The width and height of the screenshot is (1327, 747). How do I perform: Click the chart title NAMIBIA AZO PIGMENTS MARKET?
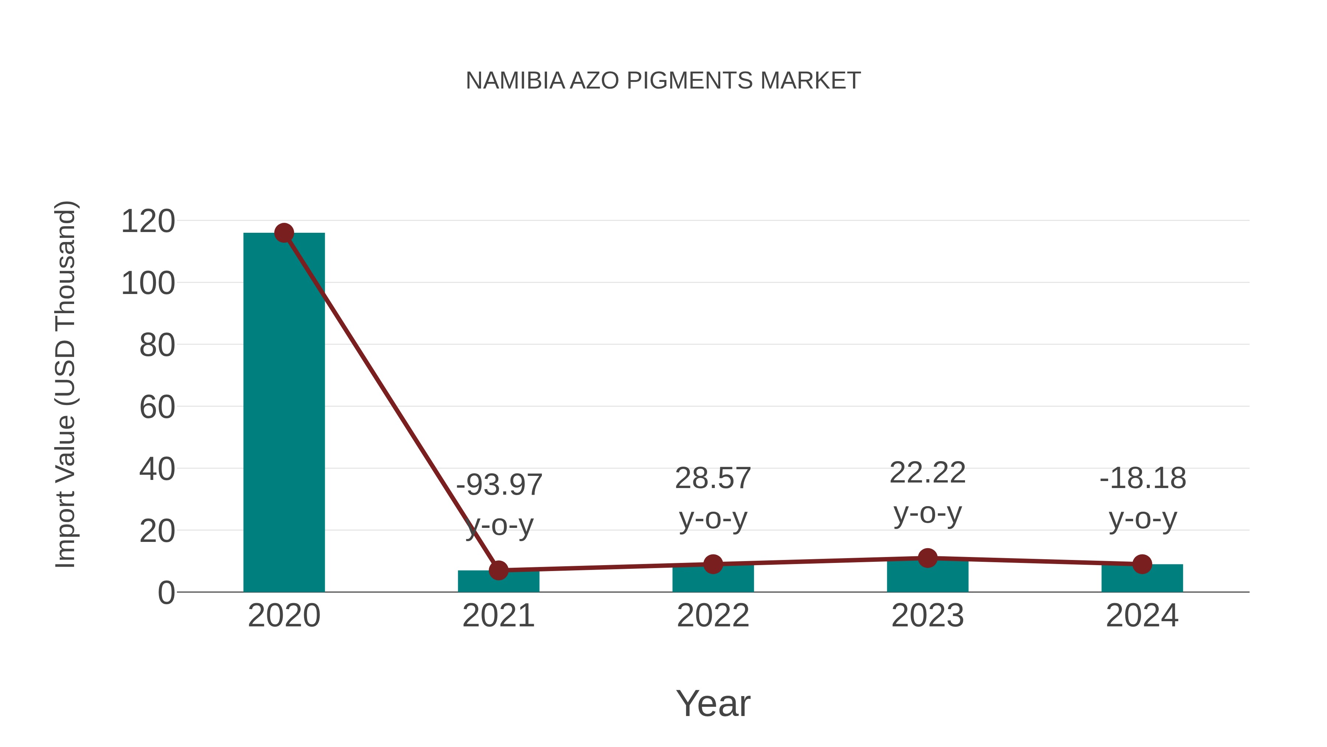coord(663,81)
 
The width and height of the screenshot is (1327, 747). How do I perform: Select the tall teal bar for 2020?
coord(284,412)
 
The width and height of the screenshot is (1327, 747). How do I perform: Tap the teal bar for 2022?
coord(713,580)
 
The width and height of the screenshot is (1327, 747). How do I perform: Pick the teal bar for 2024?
coord(1142,580)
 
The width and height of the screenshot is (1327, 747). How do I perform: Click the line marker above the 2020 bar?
coord(284,233)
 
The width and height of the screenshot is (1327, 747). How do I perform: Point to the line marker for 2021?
coord(498,570)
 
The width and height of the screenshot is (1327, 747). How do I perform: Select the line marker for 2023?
coord(927,558)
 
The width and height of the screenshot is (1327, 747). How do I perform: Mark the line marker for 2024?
coord(1142,564)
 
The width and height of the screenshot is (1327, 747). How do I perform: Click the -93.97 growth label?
coord(499,485)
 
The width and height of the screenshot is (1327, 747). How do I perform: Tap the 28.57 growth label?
coord(713,478)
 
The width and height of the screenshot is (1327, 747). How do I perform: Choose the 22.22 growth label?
coord(927,473)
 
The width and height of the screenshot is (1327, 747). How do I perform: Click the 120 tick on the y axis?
coord(148,222)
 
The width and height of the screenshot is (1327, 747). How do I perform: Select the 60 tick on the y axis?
coord(157,407)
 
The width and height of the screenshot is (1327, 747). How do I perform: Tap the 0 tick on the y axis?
coord(166,593)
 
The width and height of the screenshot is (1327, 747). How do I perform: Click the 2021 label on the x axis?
coord(498,616)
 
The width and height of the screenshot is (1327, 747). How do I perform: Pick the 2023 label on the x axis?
coord(927,616)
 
